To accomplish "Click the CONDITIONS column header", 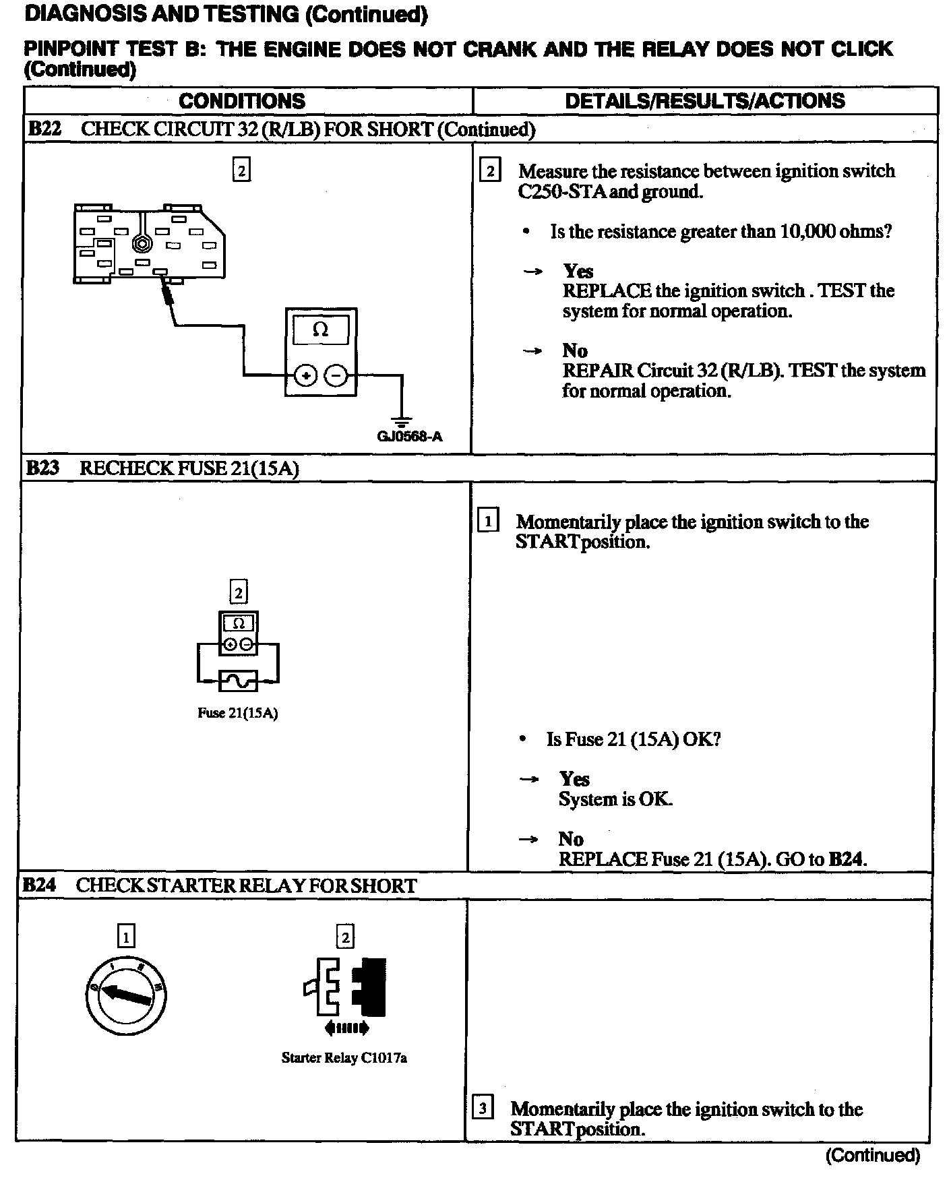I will pyautogui.click(x=241, y=101).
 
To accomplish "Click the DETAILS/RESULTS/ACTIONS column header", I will pyautogui.click(x=704, y=101).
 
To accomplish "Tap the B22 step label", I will pyautogui.click(x=44, y=129).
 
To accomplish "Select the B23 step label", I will pyautogui.click(x=42, y=468).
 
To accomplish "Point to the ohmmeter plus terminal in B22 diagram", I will pyautogui.click(x=305, y=375).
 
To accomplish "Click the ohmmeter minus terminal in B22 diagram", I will pyautogui.click(x=336, y=375).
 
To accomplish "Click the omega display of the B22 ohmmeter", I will pyautogui.click(x=321, y=330).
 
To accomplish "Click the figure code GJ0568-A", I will pyautogui.click(x=409, y=437).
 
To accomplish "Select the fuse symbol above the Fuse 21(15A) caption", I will pyautogui.click(x=238, y=681).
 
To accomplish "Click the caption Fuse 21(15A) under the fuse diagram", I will pyautogui.click(x=237, y=713).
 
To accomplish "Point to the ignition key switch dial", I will pyautogui.click(x=126, y=995).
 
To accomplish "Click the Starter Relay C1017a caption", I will pyautogui.click(x=344, y=1058).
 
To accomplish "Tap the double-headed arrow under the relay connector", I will pyautogui.click(x=346, y=1028).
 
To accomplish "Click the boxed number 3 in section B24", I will pyautogui.click(x=483, y=1108).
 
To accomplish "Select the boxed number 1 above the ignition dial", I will pyautogui.click(x=126, y=936).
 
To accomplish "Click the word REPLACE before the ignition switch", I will pyautogui.click(x=607, y=291).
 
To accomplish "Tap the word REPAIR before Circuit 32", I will pyautogui.click(x=597, y=371).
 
